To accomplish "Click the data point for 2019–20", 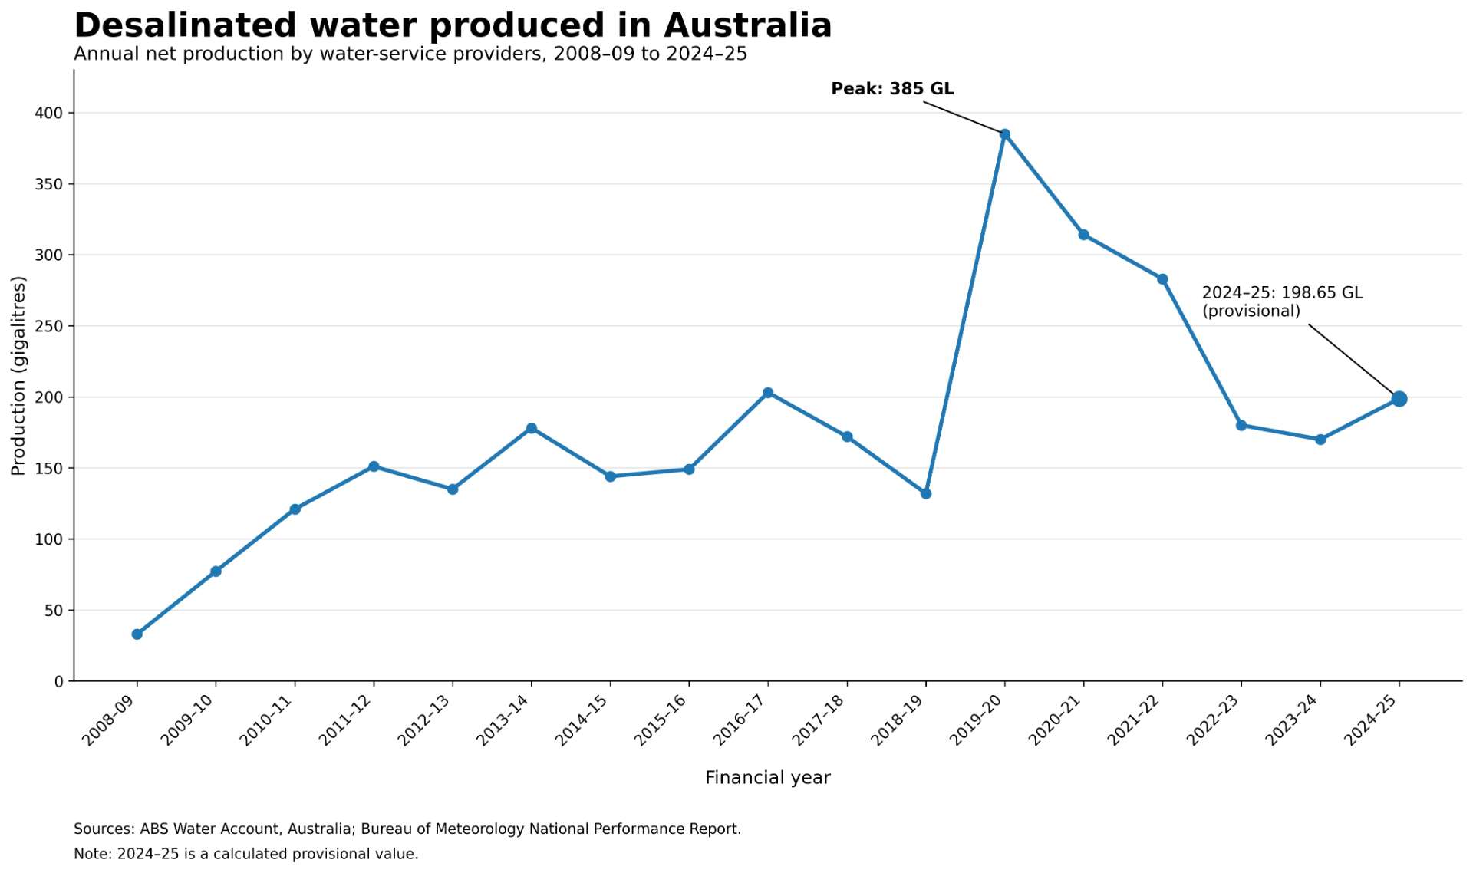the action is [x=1005, y=134].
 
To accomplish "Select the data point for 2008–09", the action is [x=137, y=634].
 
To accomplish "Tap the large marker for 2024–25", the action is [x=1399, y=399].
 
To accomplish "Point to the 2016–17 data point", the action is [x=768, y=393].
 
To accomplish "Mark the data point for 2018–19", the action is [x=926, y=493].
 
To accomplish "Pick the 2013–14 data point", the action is [x=532, y=428].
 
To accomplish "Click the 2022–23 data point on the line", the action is [x=1241, y=425].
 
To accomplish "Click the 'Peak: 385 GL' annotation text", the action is [x=892, y=89].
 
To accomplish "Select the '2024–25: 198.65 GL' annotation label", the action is [x=1282, y=293].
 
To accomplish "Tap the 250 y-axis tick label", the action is [x=49, y=327].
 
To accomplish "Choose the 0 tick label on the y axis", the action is [x=59, y=682].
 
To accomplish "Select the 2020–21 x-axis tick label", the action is [x=1056, y=720].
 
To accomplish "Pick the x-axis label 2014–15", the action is [x=582, y=720].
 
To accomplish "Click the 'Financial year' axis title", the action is [x=768, y=778].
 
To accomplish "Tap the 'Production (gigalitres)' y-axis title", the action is [x=18, y=376].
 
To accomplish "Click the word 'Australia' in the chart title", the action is [x=748, y=25].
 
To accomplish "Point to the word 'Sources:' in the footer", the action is [x=104, y=829].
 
